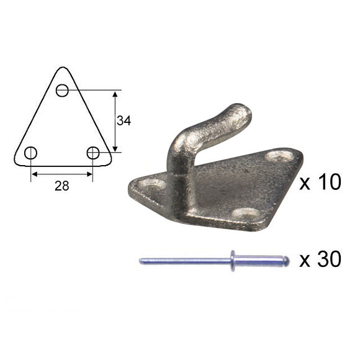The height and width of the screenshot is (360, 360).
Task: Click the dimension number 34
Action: tap(124, 121)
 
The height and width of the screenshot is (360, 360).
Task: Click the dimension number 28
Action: tap(61, 186)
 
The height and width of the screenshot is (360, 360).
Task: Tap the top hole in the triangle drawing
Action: tap(62, 91)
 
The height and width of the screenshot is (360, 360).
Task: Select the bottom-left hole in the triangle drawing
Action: tap(30, 153)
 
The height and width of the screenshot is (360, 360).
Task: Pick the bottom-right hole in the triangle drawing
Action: tap(93, 153)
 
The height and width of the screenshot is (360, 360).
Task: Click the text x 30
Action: tap(320, 260)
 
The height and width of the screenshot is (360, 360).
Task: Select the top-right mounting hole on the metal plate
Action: tap(277, 156)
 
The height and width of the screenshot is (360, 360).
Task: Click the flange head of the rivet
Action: tap(234, 261)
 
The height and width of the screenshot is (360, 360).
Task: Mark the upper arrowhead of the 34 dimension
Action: tap(115, 94)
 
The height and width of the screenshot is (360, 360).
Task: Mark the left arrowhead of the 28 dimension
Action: tap(34, 174)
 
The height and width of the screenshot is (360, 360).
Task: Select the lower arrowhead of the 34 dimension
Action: tap(115, 148)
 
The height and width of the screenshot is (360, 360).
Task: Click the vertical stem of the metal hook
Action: tap(178, 174)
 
